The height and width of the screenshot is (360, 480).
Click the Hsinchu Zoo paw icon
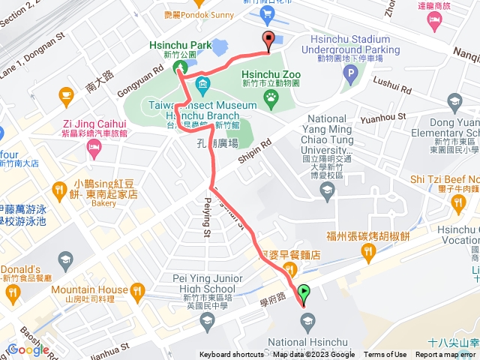pos(269,97)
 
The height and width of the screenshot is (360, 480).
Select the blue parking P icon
pos(349,73)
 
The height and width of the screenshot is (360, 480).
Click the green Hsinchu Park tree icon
pos(180,68)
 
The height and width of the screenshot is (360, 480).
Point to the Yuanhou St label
pos(382,116)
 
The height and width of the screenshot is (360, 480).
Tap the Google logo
pos(29,349)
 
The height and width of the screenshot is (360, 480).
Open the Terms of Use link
pos(385,355)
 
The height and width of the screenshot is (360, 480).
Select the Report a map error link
pos(447,355)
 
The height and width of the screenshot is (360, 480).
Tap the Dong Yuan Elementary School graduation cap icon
pos(454,100)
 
